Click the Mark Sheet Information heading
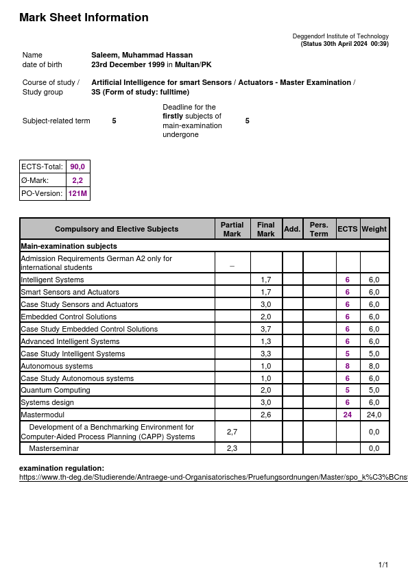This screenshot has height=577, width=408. click(x=84, y=18)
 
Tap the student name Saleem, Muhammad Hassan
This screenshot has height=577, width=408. click(x=142, y=55)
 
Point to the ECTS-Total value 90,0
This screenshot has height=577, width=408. click(x=77, y=167)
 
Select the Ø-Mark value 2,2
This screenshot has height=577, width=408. click(x=77, y=180)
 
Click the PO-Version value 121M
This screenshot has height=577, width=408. click(x=77, y=194)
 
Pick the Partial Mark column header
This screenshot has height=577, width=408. click(x=232, y=229)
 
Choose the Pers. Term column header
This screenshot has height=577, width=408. click(x=319, y=229)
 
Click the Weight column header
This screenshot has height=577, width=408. click(x=374, y=229)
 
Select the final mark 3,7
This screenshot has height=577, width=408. click(x=266, y=329)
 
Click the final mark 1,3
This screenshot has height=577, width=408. click(x=266, y=341)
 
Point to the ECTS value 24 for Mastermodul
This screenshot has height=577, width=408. click(x=348, y=415)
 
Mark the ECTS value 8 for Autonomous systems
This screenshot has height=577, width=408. click(x=348, y=366)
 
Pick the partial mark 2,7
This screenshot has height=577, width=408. click(x=232, y=432)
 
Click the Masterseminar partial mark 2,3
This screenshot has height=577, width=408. click(x=232, y=448)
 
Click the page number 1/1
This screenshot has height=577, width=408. click(x=383, y=565)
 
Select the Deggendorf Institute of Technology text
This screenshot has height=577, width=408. click(x=340, y=36)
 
